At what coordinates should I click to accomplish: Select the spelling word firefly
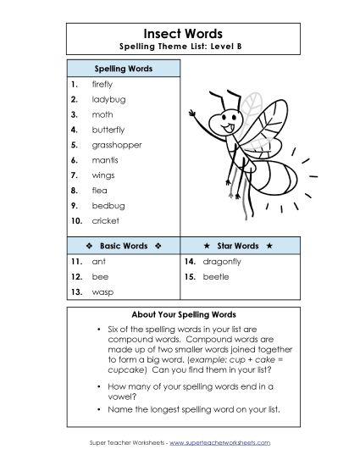(102, 84)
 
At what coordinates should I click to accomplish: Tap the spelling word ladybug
(108, 99)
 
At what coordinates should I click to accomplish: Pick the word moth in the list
(102, 114)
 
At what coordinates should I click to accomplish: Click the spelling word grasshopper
(117, 145)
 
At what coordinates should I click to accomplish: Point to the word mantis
(104, 160)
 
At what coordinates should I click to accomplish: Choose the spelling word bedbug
(107, 205)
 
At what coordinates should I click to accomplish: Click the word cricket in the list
(106, 220)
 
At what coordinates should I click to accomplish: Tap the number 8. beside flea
(75, 190)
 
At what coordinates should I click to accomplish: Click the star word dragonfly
(219, 262)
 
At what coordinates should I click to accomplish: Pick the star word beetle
(213, 277)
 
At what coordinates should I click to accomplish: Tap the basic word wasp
(102, 292)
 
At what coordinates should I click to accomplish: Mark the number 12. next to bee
(76, 277)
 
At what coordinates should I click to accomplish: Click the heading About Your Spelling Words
(179, 314)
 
